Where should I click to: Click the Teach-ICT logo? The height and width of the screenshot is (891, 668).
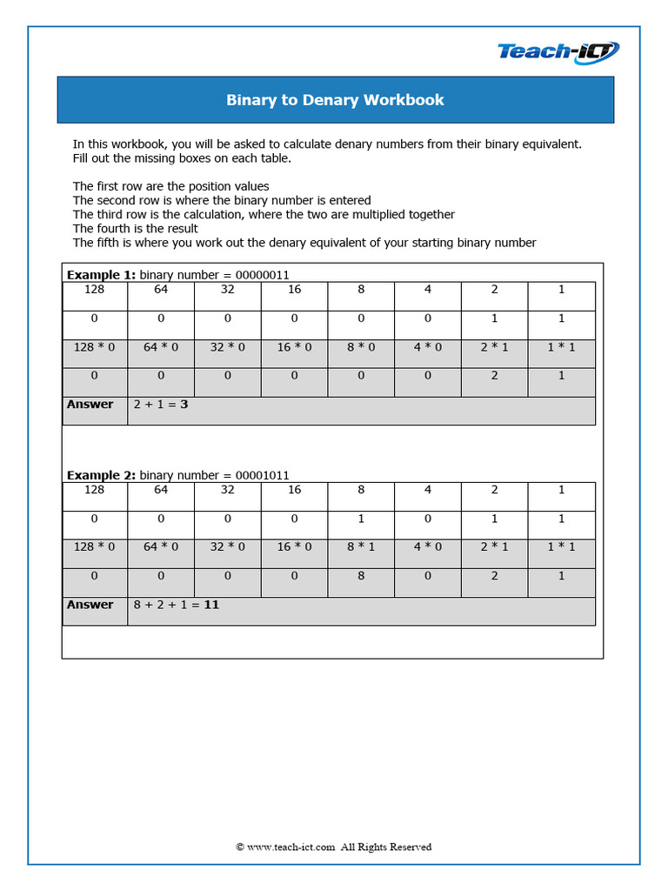coord(558,52)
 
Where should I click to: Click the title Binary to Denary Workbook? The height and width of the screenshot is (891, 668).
coord(335,100)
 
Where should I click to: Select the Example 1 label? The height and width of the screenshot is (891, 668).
coord(102,275)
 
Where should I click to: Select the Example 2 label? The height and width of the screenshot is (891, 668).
coord(102,475)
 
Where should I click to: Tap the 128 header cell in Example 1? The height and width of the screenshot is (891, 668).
coord(95,290)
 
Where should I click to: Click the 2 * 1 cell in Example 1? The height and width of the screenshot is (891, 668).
coord(494,347)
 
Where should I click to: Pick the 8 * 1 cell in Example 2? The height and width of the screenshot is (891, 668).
coord(361,547)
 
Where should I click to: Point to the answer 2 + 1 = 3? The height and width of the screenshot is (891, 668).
coord(161,405)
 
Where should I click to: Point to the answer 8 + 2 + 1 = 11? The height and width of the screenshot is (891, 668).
coord(176,605)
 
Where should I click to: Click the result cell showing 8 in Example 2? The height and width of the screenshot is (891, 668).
coord(361,576)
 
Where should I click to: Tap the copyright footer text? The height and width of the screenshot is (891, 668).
coord(334,847)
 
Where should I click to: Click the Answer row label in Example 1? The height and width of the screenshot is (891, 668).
coord(90,405)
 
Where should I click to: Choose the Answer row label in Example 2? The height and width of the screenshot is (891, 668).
coord(90,605)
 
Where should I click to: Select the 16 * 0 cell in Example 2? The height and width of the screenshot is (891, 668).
coord(294,547)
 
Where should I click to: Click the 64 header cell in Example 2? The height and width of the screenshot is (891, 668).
coord(161,490)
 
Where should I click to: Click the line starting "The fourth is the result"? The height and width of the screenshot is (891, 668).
coord(136,229)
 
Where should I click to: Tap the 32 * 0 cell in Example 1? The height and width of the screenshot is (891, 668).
coord(228,347)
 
